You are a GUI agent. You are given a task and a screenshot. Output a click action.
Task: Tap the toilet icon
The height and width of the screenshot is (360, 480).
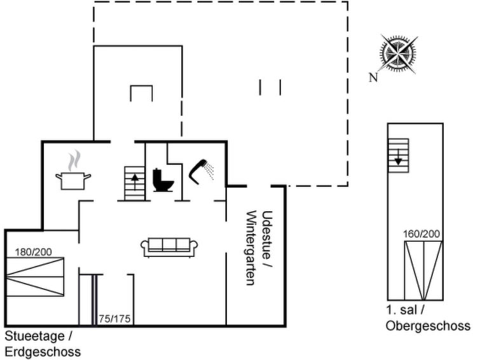tap(163, 180)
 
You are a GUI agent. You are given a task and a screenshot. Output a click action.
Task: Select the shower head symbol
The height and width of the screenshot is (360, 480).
tap(201, 172)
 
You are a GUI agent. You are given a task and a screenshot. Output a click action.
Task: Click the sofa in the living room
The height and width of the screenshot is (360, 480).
tap(169, 247)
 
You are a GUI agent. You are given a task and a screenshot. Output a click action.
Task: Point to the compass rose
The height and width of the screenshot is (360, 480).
tap(398, 55)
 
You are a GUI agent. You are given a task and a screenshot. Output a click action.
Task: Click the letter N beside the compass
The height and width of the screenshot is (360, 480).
tap(373, 78)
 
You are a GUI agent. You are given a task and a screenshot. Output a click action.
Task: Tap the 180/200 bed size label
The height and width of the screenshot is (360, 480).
tap(34, 252)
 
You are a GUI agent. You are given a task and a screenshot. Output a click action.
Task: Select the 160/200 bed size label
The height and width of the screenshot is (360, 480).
tap(422, 234)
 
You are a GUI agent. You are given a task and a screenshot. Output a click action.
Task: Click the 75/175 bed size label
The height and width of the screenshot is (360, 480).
tap(114, 319)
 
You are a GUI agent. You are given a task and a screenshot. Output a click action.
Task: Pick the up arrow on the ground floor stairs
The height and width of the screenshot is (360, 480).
tap(135, 181)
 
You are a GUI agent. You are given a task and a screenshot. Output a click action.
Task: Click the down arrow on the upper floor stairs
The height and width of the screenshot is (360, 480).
tap(398, 157)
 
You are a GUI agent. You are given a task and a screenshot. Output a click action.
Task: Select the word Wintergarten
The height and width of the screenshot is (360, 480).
tap(251, 247)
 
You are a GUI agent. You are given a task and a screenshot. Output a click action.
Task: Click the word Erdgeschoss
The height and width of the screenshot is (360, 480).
tap(43, 352)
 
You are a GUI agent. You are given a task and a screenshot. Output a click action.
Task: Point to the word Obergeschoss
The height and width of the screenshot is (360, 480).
tap(428, 326)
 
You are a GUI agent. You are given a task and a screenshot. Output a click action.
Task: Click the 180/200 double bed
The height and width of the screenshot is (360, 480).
tap(35, 277)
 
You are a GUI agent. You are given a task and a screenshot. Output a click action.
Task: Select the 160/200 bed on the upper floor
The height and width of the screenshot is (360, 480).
tap(423, 270)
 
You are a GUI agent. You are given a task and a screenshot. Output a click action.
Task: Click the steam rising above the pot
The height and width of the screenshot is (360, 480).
tap(74, 161)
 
